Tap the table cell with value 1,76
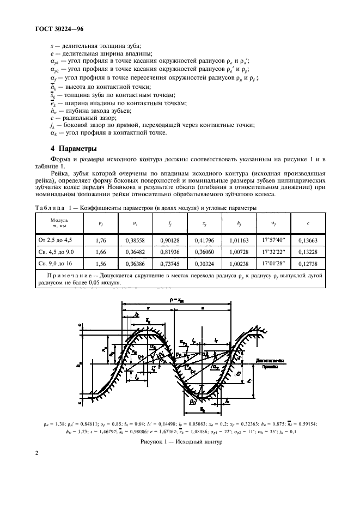pos(100,239)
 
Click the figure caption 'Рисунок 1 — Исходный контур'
pos(181,442)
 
